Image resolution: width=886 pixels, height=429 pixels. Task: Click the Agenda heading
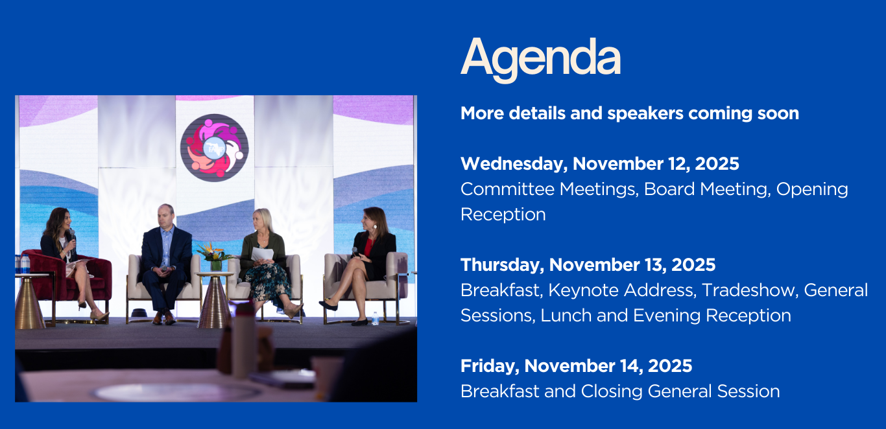[x=540, y=59]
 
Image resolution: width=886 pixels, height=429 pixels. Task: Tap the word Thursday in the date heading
[x=502, y=265]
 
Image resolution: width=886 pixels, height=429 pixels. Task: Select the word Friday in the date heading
[x=490, y=366]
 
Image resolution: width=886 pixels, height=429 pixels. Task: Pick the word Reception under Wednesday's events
[x=503, y=215]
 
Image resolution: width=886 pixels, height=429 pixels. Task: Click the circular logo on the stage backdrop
[x=215, y=148]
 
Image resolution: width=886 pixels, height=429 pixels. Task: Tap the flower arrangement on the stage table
[x=215, y=256]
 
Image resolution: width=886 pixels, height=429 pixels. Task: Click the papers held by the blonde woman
[x=262, y=254]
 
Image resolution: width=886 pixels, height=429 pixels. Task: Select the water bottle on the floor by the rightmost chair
[x=375, y=318]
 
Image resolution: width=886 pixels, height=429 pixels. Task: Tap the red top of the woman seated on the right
[x=368, y=247]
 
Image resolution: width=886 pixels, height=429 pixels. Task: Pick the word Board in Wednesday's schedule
[x=669, y=189]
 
